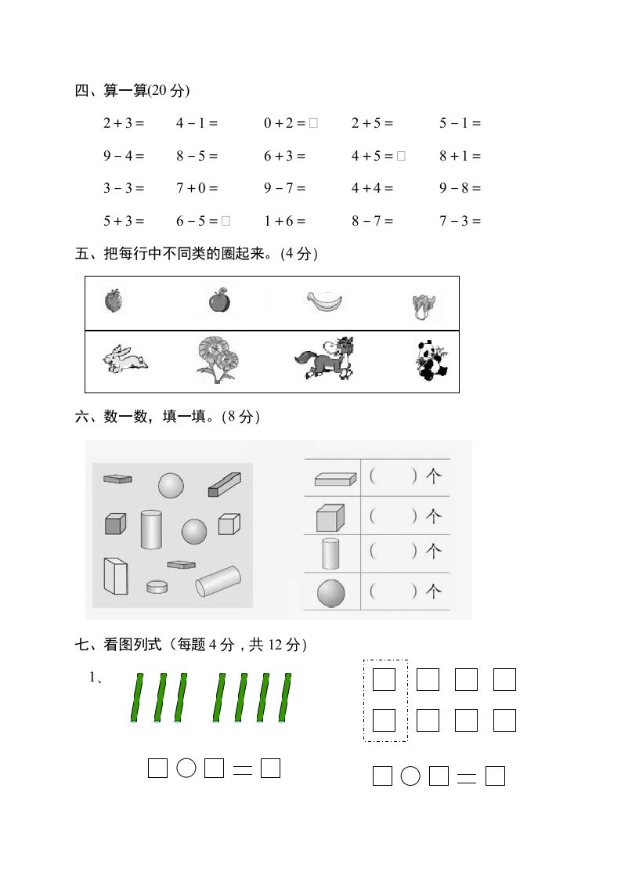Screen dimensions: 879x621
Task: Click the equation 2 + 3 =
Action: (x=124, y=123)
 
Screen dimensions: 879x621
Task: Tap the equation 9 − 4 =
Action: (x=124, y=156)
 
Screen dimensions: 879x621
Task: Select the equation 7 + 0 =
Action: (x=197, y=188)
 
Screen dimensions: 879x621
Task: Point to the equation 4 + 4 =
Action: (x=372, y=188)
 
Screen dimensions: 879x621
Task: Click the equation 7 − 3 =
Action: (x=460, y=221)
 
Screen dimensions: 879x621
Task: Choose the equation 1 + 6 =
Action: (x=284, y=221)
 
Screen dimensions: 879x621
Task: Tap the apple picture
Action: (x=219, y=300)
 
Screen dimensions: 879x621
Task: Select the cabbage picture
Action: (x=426, y=305)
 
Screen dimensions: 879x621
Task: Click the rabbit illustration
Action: (x=125, y=359)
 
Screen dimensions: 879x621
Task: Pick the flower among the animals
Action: (x=217, y=360)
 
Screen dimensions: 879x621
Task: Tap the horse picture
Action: (x=325, y=359)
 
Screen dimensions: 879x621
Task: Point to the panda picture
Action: (x=428, y=361)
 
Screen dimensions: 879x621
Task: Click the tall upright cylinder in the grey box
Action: (x=151, y=529)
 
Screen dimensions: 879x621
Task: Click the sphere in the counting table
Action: (x=331, y=593)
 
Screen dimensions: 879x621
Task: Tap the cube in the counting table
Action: (x=330, y=517)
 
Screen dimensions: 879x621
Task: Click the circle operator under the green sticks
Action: (x=186, y=769)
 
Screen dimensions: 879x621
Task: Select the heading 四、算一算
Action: (x=132, y=91)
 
